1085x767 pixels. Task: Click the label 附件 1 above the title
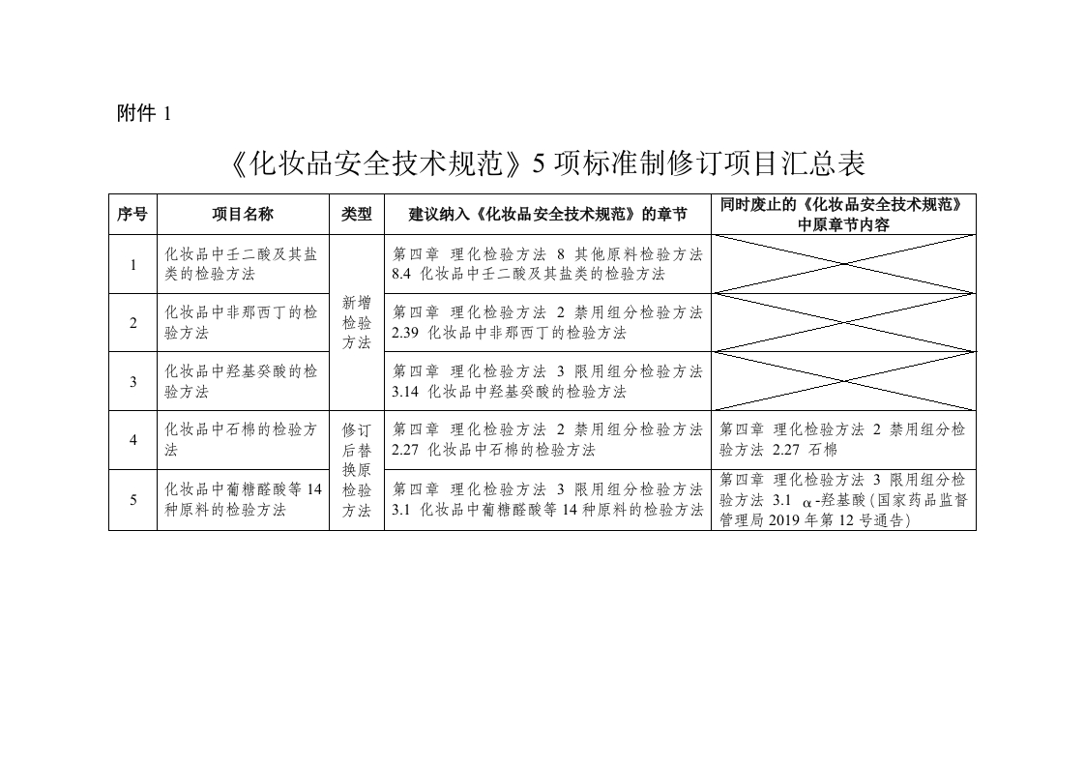(x=143, y=113)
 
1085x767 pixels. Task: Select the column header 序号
(x=132, y=214)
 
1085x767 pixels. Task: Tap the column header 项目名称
(x=243, y=214)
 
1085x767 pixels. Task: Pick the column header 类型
(x=356, y=214)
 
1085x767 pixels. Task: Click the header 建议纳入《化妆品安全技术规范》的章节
(x=547, y=214)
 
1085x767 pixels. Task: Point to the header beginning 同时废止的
(x=843, y=214)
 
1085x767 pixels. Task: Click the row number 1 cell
(x=132, y=264)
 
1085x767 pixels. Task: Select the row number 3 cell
(x=132, y=381)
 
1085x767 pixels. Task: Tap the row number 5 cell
(x=132, y=499)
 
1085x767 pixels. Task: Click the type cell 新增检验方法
(x=356, y=323)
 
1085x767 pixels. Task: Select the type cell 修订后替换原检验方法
(x=356, y=470)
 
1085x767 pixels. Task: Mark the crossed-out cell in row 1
(x=843, y=264)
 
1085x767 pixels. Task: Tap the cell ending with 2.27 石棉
(x=843, y=440)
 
